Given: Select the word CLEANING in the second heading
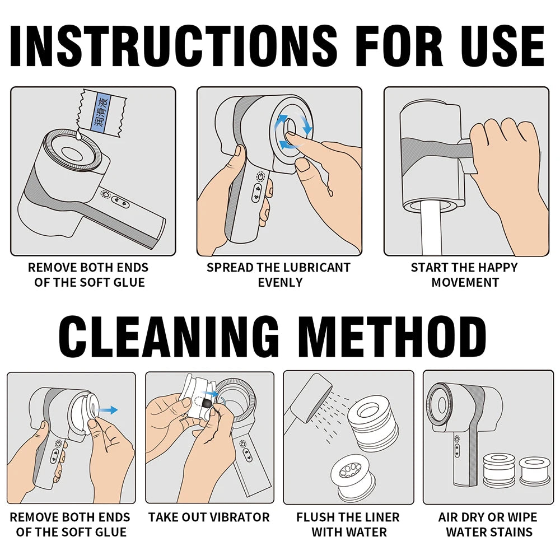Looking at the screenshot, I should (x=168, y=337).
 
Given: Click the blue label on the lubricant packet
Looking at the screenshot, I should (x=100, y=112).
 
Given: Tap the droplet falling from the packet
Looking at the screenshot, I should (x=78, y=134).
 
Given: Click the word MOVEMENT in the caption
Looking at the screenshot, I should (x=465, y=282).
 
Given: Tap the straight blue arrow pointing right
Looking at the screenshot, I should (x=108, y=410).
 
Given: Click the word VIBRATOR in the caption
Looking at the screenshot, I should (x=239, y=517).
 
